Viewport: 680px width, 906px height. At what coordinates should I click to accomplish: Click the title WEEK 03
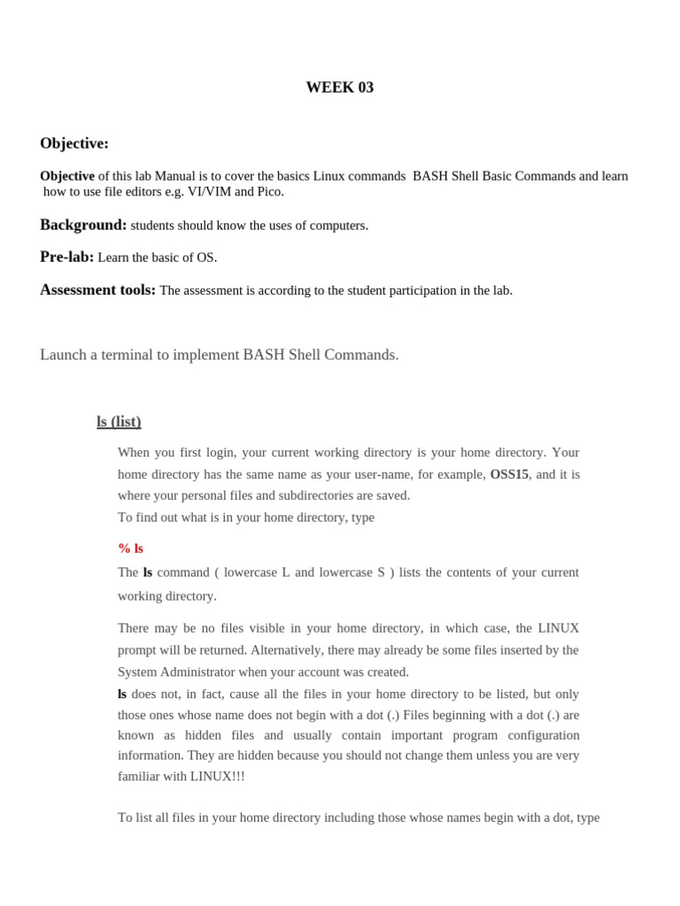(339, 88)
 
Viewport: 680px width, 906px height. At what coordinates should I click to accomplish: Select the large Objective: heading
(74, 143)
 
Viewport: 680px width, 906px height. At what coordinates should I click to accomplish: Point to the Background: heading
(83, 225)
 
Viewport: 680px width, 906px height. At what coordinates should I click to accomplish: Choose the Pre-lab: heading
(66, 257)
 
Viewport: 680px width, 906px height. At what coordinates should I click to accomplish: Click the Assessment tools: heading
(97, 290)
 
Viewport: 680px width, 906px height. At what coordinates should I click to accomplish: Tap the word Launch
(65, 355)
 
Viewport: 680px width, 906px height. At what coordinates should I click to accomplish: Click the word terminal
(127, 355)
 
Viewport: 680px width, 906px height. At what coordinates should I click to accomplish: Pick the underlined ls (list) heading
(119, 422)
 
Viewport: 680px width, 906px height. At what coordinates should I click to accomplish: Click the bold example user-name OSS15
(509, 474)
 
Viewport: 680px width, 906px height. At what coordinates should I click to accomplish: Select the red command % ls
(130, 549)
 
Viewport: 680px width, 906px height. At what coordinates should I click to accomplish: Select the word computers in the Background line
(338, 226)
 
